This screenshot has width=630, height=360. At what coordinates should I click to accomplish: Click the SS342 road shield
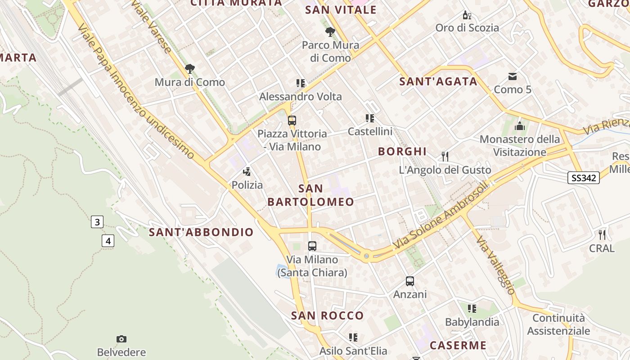pyautogui.click(x=584, y=178)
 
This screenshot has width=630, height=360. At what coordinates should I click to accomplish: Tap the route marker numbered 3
pyautogui.click(x=97, y=222)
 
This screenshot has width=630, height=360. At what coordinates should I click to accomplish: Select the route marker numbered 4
pyautogui.click(x=108, y=241)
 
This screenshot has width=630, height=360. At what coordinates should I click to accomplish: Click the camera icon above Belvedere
pyautogui.click(x=121, y=339)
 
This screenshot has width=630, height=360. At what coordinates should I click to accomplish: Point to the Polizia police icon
pyautogui.click(x=247, y=171)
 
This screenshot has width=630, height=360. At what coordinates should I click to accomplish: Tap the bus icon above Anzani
pyautogui.click(x=409, y=281)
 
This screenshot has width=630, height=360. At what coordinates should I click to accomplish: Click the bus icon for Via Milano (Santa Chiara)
pyautogui.click(x=312, y=246)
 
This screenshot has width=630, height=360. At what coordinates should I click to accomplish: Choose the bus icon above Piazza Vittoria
pyautogui.click(x=292, y=121)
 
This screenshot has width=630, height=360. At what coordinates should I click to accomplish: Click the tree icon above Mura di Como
pyautogui.click(x=190, y=69)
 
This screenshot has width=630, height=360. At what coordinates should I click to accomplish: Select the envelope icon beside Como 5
pyautogui.click(x=513, y=76)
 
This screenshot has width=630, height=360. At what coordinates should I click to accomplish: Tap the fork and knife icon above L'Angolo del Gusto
pyautogui.click(x=445, y=157)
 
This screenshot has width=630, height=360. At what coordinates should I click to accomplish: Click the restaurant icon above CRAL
pyautogui.click(x=602, y=235)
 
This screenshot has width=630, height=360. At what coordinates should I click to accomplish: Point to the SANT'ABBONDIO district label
pyautogui.click(x=201, y=232)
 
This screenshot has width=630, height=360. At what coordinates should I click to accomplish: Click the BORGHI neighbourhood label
pyautogui.click(x=402, y=151)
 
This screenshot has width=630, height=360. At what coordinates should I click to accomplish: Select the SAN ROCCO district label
pyautogui.click(x=327, y=315)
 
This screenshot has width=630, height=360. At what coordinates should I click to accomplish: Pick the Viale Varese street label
pyautogui.click(x=151, y=27)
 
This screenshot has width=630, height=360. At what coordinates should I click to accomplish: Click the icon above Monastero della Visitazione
pyautogui.click(x=520, y=126)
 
